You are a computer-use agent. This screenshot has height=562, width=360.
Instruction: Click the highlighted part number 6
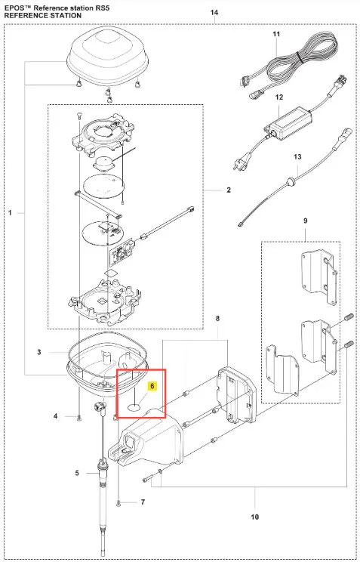[x=152, y=386]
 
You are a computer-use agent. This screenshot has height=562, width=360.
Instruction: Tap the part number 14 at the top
[x=214, y=13]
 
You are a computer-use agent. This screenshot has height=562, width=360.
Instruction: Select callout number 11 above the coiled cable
[x=276, y=34]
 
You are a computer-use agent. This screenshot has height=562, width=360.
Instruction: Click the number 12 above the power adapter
[x=279, y=97]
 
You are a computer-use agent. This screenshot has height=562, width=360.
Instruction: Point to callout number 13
[x=297, y=156]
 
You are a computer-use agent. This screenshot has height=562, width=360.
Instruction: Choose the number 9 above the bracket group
[x=306, y=221]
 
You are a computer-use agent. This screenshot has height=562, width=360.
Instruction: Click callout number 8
[x=217, y=318]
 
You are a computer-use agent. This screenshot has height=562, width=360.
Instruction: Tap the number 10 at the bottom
[x=254, y=517]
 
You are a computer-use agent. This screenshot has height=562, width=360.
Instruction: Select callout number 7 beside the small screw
[x=143, y=502]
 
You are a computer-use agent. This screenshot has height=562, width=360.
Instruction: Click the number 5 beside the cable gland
[x=77, y=473]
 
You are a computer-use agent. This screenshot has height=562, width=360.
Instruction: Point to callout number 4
[x=56, y=416]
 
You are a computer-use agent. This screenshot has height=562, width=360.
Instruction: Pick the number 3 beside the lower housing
[x=39, y=352]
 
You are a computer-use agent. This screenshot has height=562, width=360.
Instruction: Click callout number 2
[x=229, y=190]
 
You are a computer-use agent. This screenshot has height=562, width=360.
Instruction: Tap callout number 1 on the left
[x=10, y=213]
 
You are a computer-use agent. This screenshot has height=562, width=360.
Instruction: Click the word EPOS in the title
[x=14, y=7]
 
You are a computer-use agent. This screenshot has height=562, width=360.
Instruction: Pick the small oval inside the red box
[x=134, y=407]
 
